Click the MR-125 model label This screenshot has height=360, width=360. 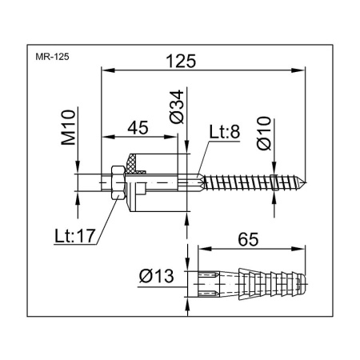pos(52,57)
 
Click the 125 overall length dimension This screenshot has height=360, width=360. pos(181,61)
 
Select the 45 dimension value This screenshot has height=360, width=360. pos(138,128)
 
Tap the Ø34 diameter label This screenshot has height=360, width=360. pos(177,106)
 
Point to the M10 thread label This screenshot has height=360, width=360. pos(68,127)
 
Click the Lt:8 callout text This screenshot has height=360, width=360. pos(225,132)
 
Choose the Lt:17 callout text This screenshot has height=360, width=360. pos(74,236)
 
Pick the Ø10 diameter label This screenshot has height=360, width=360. pos(264,133)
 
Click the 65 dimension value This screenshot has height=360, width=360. pos(248,239)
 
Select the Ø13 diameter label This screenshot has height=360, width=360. pos(156,276)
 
